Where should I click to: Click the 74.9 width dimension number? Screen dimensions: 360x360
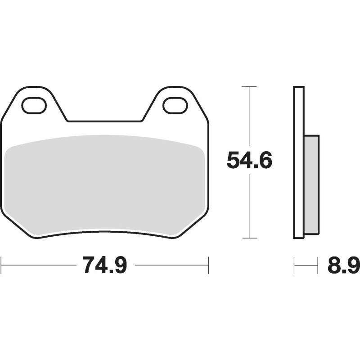(x=104, y=265)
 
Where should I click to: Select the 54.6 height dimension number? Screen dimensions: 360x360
(x=249, y=160)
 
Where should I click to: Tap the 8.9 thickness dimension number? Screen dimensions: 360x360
(x=343, y=265)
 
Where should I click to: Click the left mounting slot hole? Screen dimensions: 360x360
(x=34, y=105)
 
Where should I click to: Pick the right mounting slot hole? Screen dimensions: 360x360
(x=175, y=105)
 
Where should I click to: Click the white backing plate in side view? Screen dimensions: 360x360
(x=299, y=162)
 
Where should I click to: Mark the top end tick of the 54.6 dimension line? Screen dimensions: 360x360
(x=249, y=86)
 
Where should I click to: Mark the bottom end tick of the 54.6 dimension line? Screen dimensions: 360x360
(x=249, y=238)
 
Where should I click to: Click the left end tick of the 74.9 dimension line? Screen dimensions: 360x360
(x=1, y=265)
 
